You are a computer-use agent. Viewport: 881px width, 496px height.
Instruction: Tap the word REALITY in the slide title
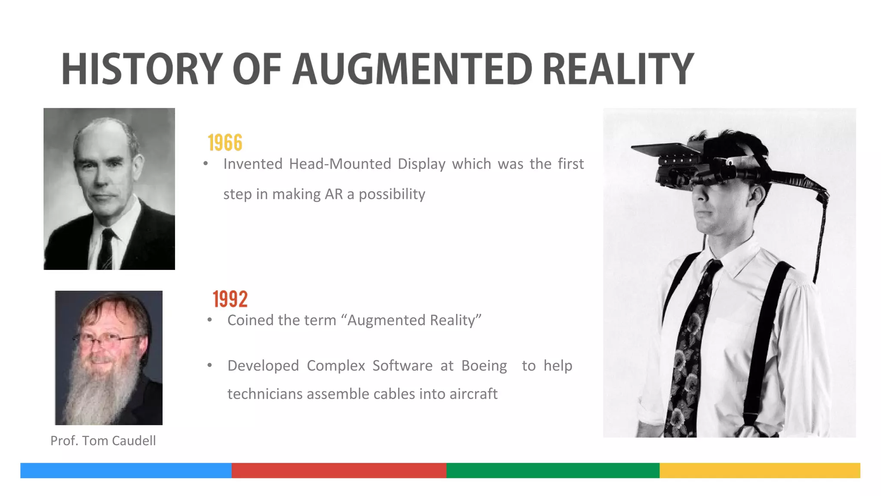(x=618, y=69)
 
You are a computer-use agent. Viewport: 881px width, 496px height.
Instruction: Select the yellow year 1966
(x=225, y=143)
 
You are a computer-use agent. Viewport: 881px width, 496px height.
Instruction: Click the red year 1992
(x=230, y=299)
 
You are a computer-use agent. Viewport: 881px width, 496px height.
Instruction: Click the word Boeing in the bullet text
(x=484, y=366)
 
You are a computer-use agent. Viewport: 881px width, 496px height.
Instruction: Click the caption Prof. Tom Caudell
(x=103, y=440)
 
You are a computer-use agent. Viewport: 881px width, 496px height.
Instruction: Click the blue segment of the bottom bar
(x=126, y=470)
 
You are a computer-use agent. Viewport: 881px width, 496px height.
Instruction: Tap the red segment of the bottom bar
(x=339, y=470)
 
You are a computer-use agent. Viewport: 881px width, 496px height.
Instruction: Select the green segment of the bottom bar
(x=553, y=470)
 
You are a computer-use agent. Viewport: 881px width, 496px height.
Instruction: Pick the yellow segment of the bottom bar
(x=760, y=470)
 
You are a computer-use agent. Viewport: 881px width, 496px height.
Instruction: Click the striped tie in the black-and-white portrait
(x=106, y=250)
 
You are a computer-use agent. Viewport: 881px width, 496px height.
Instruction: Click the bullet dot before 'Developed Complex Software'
(x=209, y=366)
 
